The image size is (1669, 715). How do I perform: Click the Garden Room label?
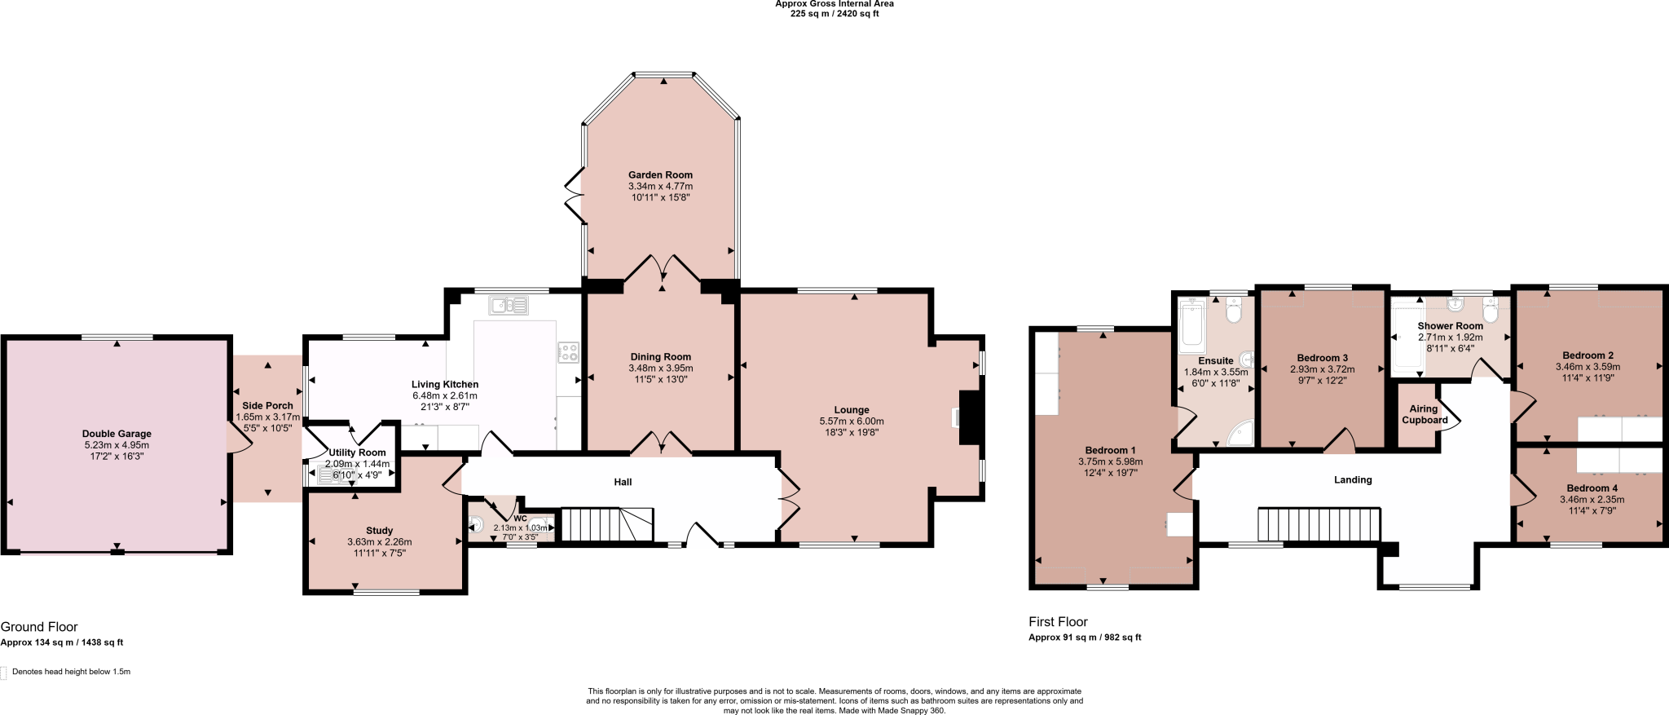tap(660, 174)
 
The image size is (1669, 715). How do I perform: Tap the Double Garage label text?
tap(117, 434)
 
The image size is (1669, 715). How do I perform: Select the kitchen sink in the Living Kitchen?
tap(509, 306)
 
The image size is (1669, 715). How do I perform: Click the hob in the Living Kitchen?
tap(568, 352)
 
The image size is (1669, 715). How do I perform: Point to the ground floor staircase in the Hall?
tap(607, 524)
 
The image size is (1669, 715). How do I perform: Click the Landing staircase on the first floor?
tap(1319, 524)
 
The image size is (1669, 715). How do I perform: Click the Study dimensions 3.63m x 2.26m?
tap(379, 541)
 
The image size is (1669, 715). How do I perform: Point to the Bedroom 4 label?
tap(1592, 488)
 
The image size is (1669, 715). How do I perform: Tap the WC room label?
tap(520, 519)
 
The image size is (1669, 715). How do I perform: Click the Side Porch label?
tap(267, 405)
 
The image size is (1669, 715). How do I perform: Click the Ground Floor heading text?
tap(39, 626)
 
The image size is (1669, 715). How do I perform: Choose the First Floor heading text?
tap(1058, 621)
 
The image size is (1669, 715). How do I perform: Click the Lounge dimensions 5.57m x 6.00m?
tap(851, 421)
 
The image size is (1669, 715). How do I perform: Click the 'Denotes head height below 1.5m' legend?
tap(71, 672)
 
